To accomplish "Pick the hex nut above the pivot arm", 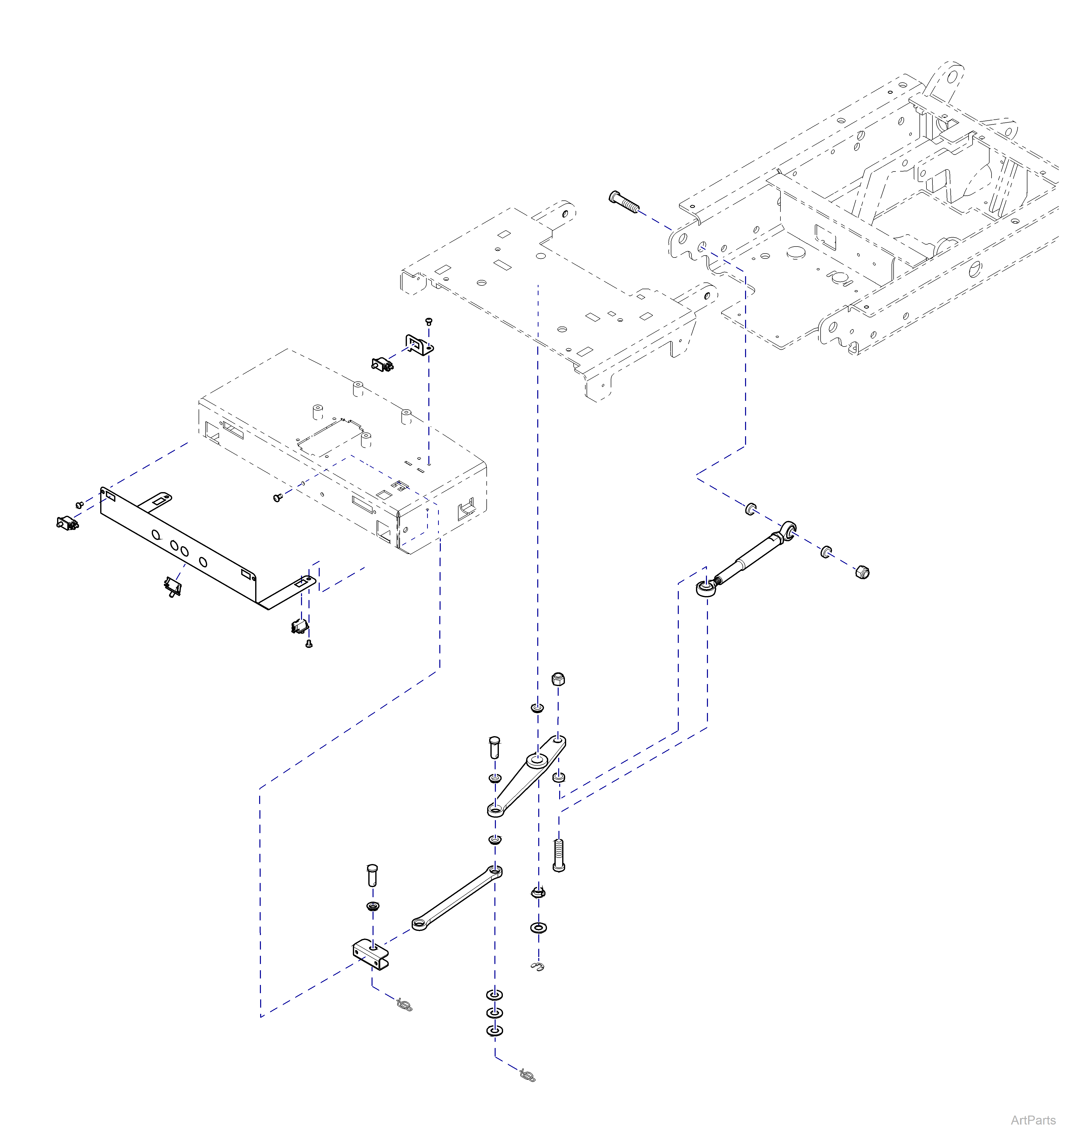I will click(x=559, y=680).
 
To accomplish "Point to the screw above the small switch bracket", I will click(x=428, y=321).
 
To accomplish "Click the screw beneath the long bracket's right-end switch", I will click(x=309, y=644).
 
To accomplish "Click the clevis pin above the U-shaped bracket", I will click(x=372, y=875).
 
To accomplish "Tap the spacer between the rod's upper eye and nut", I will click(x=826, y=552).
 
